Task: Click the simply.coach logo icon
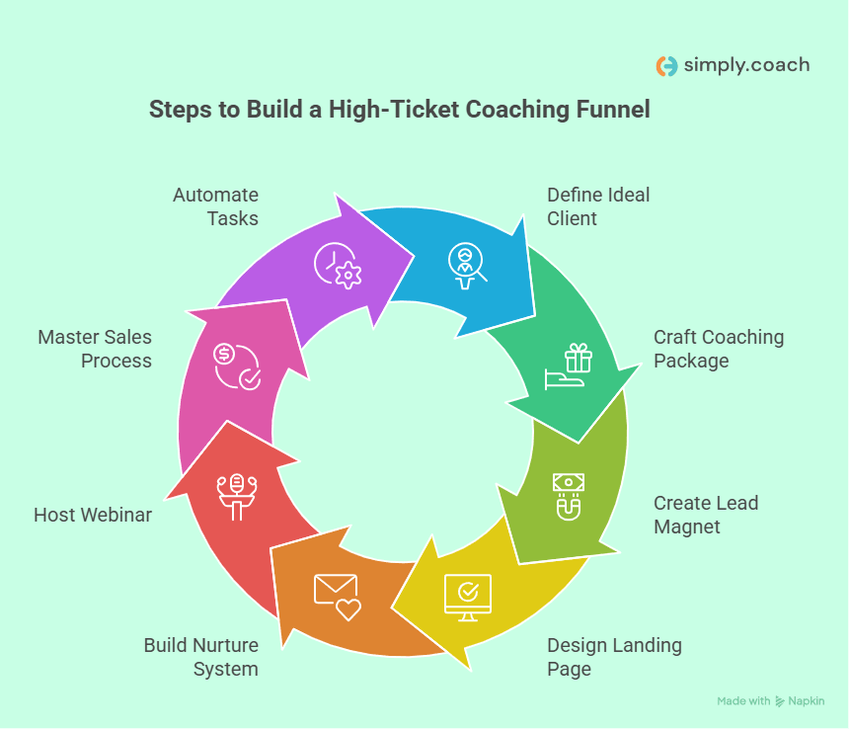[667, 66]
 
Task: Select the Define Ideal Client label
[598, 206]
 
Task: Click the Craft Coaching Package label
[718, 349]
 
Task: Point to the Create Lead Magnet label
[705, 515]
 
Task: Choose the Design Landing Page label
[614, 657]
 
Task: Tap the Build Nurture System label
[201, 657]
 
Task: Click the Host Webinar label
[93, 515]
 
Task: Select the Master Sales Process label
[95, 349]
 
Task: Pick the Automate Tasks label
[215, 206]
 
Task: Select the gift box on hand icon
[570, 365]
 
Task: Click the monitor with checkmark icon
[467, 597]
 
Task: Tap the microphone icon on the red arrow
[237, 495]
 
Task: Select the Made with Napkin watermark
[770, 701]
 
